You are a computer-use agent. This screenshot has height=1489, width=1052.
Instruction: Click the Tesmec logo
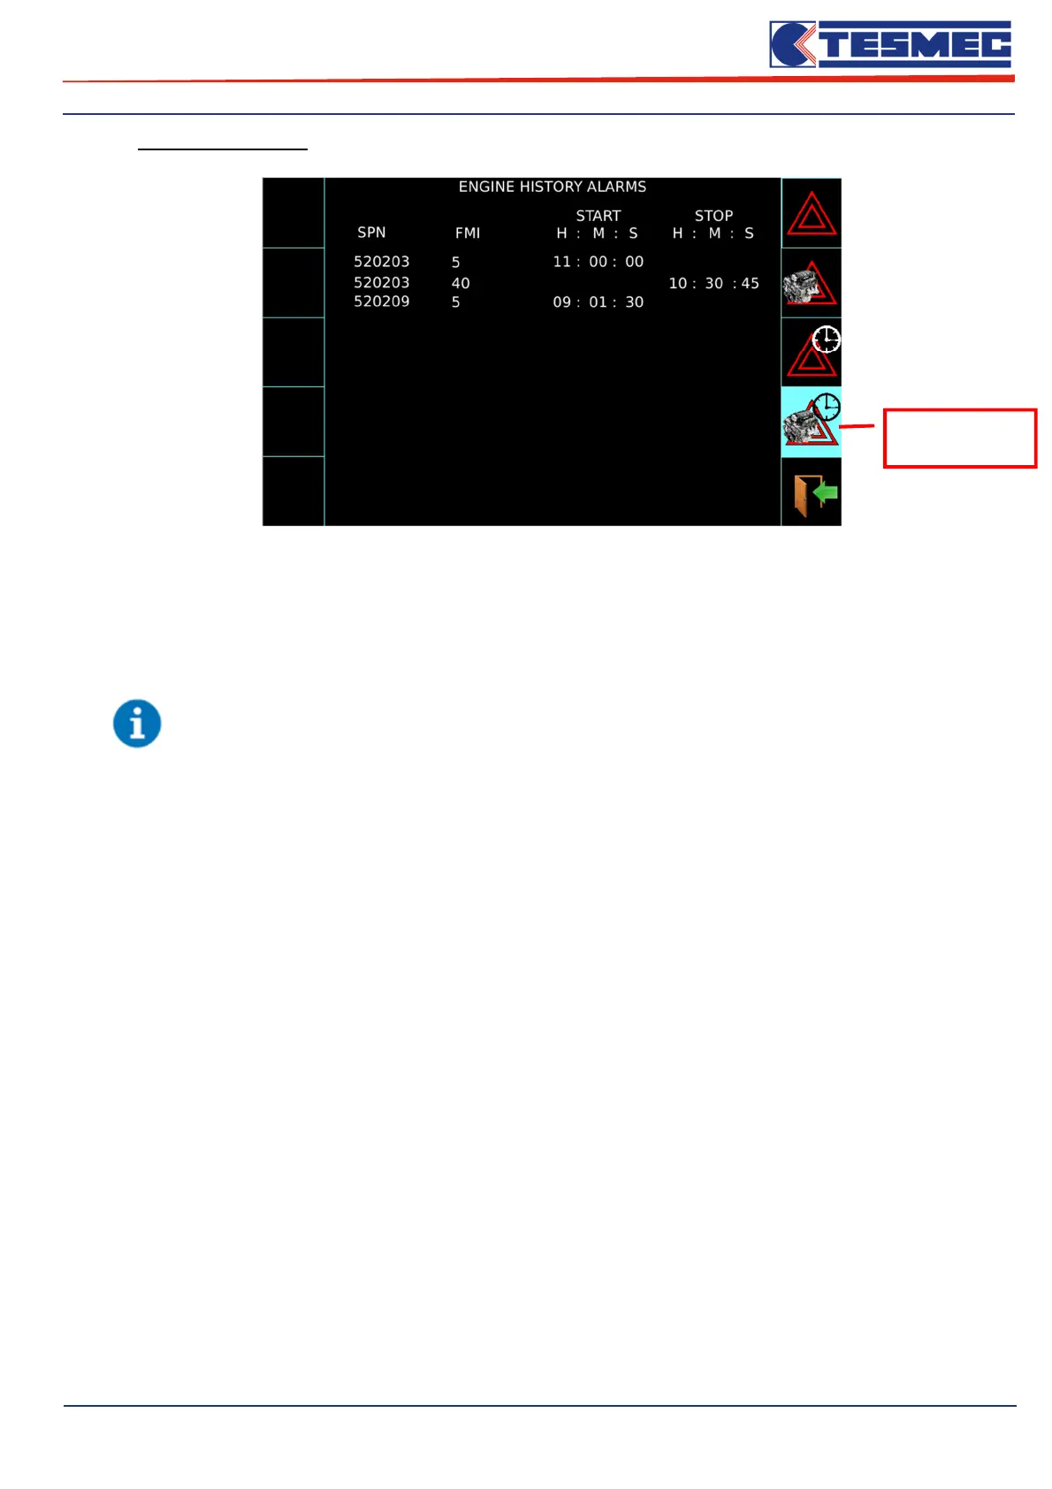coord(890,44)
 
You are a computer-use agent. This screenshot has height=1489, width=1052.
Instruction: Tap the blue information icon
coord(137,723)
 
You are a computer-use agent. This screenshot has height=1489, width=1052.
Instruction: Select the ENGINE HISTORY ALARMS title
coord(552,187)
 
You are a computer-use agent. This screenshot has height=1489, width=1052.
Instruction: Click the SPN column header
coord(371,233)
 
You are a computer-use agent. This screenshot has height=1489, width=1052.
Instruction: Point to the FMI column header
coord(468,233)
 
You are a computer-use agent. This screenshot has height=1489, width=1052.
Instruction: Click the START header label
coord(598,216)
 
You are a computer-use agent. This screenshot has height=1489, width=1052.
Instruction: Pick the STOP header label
coord(713,216)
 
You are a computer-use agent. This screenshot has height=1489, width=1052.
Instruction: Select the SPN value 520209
coord(381,302)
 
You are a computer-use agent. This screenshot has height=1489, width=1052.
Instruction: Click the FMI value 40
coord(461,283)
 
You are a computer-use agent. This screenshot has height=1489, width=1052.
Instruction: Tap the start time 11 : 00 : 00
coord(598,262)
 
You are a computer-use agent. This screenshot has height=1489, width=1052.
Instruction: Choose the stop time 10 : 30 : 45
coord(713,283)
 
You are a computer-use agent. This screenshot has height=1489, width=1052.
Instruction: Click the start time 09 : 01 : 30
coord(598,302)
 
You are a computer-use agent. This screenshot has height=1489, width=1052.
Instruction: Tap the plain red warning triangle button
coord(812,213)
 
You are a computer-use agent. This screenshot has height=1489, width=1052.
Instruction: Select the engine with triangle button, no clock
coord(811,283)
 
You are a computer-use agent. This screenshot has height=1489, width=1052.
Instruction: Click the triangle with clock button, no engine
coord(812,352)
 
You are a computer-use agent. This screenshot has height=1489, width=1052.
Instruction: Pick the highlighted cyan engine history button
coord(812,422)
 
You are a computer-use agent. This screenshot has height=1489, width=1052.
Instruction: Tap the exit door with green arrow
coord(812,493)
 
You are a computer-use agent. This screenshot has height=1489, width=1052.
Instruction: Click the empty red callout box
coord(959,438)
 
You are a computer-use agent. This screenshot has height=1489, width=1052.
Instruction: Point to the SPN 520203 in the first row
coord(381,262)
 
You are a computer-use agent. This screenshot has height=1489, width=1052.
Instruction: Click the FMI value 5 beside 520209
coord(456,302)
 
